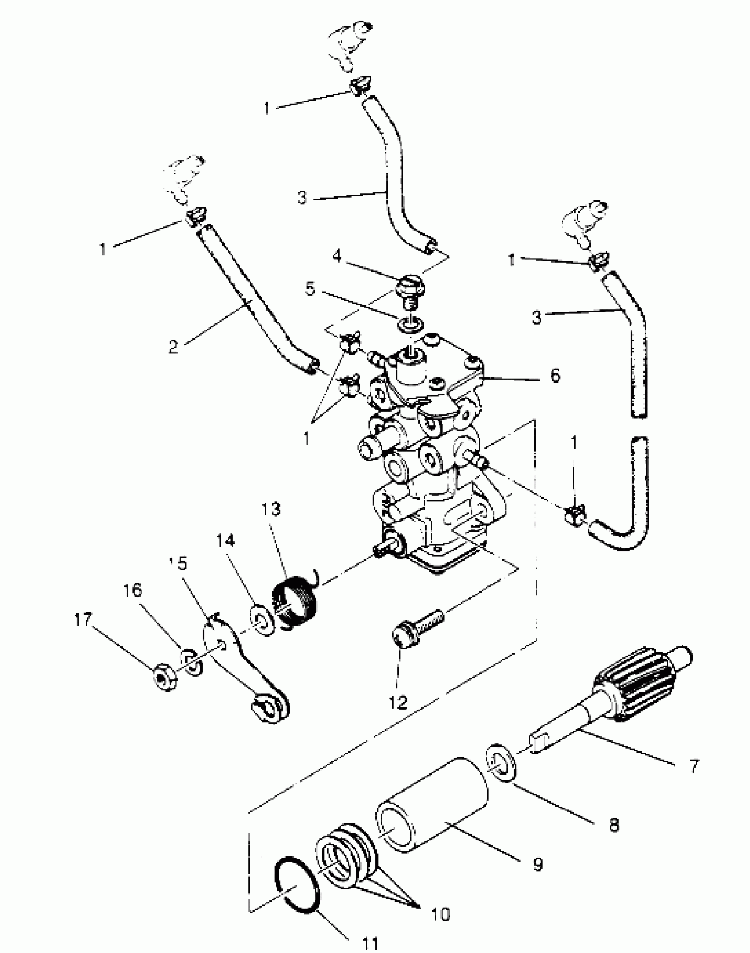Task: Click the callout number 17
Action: [x=83, y=619]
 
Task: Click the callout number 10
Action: [x=439, y=914]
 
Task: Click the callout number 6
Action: [x=555, y=375]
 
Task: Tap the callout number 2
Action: [x=173, y=346]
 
